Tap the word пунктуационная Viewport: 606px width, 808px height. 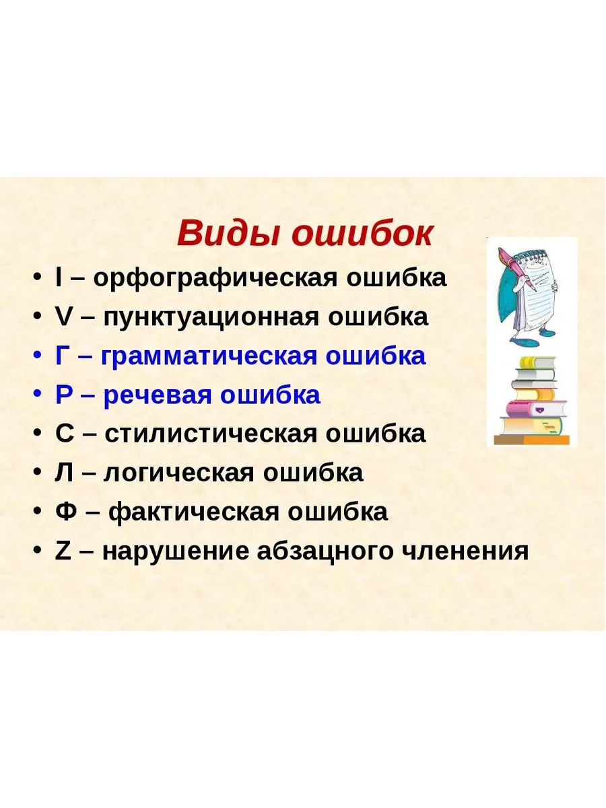point(211,318)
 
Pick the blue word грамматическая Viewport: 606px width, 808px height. point(209,357)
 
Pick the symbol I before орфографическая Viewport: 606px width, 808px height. point(58,278)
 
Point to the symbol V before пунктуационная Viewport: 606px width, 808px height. point(63,317)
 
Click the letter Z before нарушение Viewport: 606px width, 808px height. point(63,551)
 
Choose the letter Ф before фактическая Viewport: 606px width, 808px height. point(65,512)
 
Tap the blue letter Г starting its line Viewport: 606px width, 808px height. point(62,356)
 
